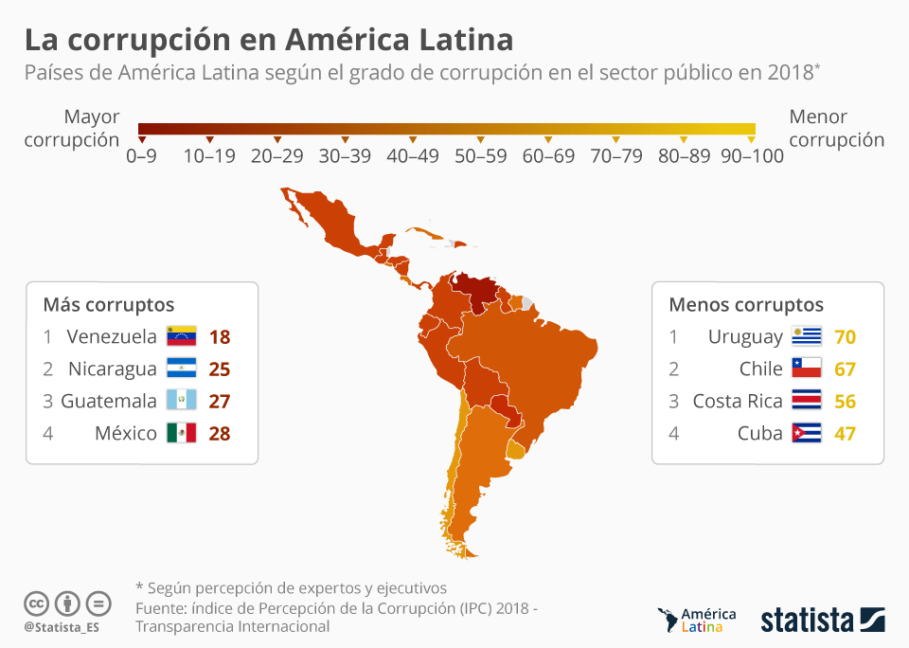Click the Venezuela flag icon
[x=181, y=336]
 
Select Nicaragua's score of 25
[x=220, y=369]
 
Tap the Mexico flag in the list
[x=181, y=433]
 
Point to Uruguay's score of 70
[x=845, y=336]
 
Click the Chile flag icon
[x=807, y=369]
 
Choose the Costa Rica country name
[x=737, y=401]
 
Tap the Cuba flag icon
[x=807, y=433]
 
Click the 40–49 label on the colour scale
[x=413, y=156]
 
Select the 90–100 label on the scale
[x=752, y=156]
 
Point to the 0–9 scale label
[x=142, y=156]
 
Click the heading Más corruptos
[x=108, y=304]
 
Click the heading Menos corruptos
[x=746, y=304]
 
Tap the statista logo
[x=822, y=621]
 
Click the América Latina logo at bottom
[x=696, y=621]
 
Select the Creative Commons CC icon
[x=37, y=603]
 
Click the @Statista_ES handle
[x=62, y=627]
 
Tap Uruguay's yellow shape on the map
[x=515, y=449]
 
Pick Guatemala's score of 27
[x=220, y=401]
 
